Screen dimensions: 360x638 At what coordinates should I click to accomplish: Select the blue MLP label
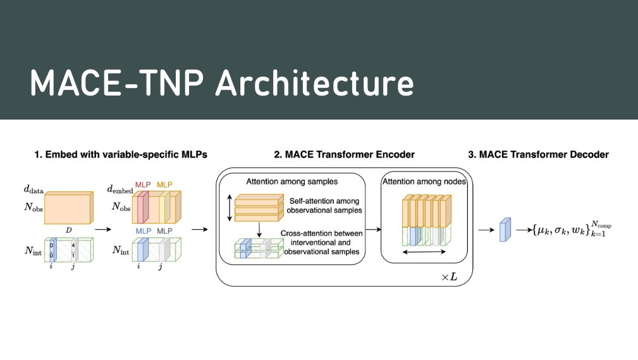[x=143, y=231]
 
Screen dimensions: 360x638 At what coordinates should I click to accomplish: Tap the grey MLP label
[x=164, y=231]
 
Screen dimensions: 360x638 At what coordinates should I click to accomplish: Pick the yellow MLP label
[x=164, y=184]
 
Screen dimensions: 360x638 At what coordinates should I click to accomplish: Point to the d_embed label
[x=120, y=189]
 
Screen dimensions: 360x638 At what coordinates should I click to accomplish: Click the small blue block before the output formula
[x=505, y=230]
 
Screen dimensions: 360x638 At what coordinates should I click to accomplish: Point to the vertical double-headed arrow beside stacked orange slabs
[x=228, y=207]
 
